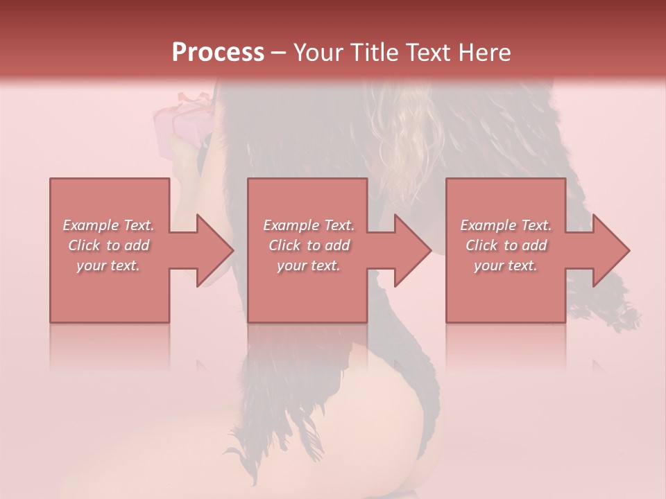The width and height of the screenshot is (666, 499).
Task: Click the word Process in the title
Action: (x=218, y=53)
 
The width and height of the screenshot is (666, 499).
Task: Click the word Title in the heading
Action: (x=373, y=53)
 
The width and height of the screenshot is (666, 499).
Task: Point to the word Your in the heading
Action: (x=318, y=53)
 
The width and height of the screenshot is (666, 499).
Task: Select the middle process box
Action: (x=307, y=291)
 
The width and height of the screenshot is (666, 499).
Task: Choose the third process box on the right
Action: (x=505, y=291)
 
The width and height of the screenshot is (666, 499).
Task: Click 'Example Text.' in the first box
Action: (x=108, y=225)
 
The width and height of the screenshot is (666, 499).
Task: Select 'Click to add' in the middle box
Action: (x=309, y=245)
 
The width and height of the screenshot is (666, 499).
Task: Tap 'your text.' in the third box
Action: (x=506, y=265)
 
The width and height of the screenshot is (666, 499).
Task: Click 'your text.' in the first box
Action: (x=108, y=265)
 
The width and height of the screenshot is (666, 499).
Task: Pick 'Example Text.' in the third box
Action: (x=506, y=225)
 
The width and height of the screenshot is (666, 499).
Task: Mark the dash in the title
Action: (x=278, y=53)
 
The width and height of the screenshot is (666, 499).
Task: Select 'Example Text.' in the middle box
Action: (x=309, y=225)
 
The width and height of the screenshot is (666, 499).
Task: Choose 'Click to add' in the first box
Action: (x=108, y=245)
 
